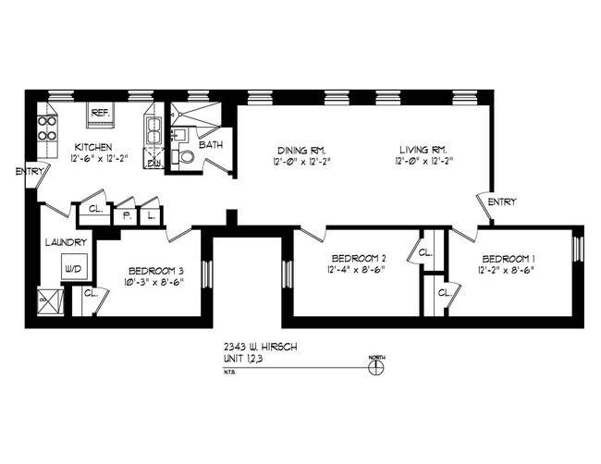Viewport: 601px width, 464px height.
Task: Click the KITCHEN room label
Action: [93, 147]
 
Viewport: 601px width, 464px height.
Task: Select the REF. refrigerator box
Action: [100, 116]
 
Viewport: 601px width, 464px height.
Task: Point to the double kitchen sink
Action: [154, 128]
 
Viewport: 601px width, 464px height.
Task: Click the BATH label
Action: [211, 145]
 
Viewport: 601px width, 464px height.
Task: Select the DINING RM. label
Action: [302, 151]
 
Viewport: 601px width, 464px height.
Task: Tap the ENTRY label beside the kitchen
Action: [29, 171]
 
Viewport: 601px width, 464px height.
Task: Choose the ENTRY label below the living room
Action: [502, 201]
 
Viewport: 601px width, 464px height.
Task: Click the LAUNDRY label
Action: [67, 243]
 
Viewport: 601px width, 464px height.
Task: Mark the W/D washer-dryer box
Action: [72, 269]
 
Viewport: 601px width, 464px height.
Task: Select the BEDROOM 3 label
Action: [154, 271]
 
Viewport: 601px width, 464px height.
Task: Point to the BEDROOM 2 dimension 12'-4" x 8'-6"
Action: [356, 270]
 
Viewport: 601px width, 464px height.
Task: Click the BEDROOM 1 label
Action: [507, 258]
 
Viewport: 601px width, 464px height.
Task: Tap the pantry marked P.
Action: [125, 214]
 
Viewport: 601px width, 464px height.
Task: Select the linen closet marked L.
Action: [150, 214]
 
